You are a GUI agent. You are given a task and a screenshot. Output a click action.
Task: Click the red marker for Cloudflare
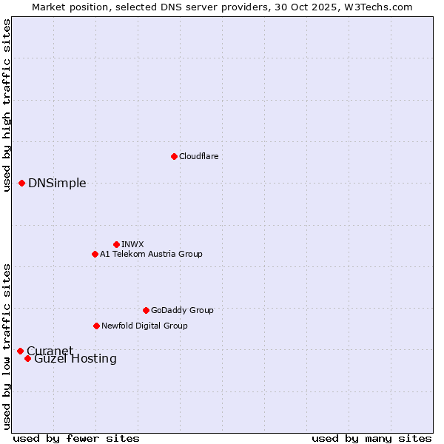(174, 156)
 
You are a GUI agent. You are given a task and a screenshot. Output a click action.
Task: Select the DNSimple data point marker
(22, 183)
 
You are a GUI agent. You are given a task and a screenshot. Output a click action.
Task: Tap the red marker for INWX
(116, 244)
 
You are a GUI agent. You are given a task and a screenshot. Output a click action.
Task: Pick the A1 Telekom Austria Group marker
(95, 254)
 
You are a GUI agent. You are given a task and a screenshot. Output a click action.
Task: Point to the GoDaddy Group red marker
(146, 310)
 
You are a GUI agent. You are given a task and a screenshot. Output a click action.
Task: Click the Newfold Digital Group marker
(96, 326)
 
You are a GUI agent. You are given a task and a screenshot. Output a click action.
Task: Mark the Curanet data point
(20, 351)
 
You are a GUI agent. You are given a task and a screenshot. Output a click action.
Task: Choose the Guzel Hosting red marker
(27, 358)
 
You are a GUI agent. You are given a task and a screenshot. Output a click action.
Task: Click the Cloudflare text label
(199, 156)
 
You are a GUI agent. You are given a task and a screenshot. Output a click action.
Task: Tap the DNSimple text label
(57, 184)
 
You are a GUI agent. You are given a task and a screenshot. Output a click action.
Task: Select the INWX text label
(132, 244)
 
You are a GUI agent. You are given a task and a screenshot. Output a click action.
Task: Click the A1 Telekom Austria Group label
(151, 254)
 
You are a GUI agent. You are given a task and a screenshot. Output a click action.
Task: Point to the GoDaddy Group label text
(182, 310)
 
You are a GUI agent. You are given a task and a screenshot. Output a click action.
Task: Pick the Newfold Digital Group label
(144, 326)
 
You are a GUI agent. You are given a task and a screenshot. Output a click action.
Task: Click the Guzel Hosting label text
(75, 359)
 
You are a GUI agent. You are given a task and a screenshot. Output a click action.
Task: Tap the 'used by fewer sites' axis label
(76, 438)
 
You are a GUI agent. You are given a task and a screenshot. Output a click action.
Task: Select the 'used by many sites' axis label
(371, 438)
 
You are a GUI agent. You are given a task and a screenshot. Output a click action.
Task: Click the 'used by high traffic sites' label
(7, 105)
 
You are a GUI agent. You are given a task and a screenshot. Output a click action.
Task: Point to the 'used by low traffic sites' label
(7, 346)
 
